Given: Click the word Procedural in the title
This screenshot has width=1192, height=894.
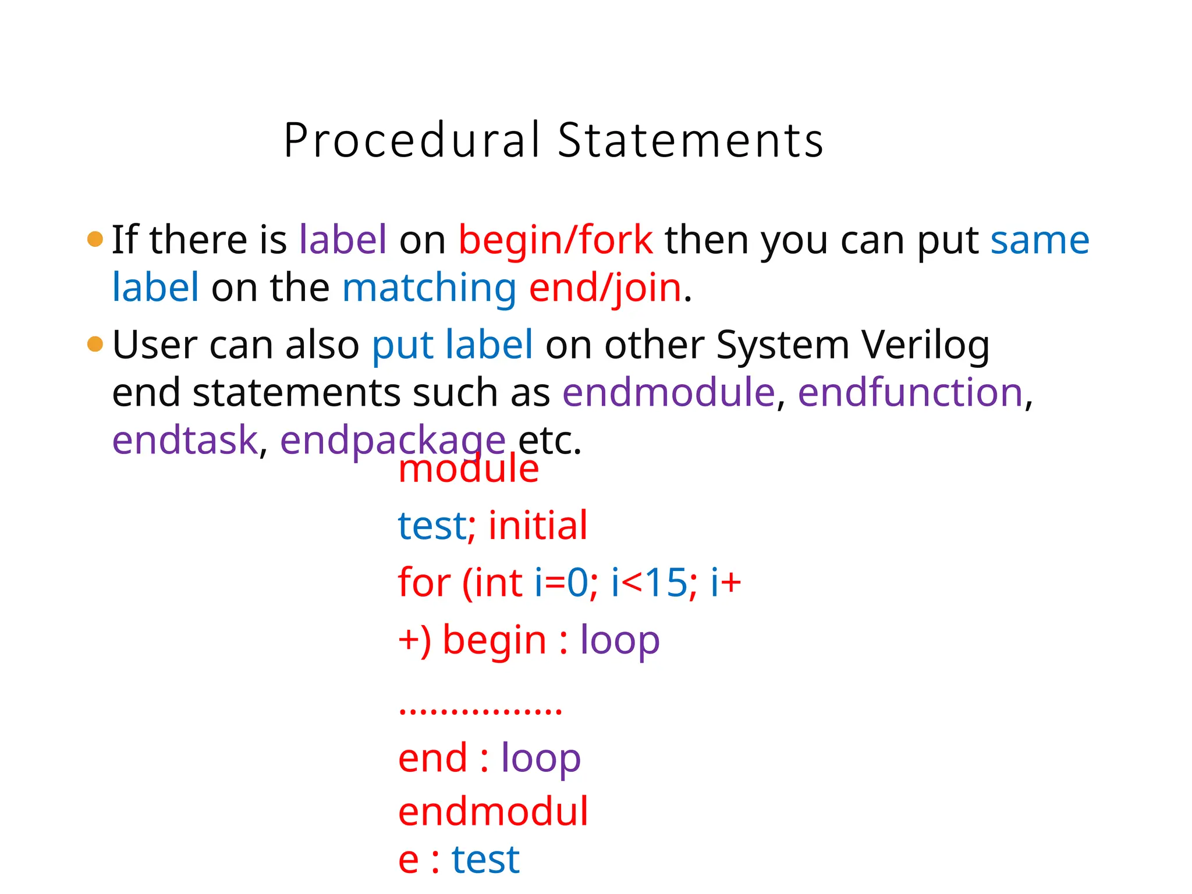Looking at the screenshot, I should pyautogui.click(x=412, y=141).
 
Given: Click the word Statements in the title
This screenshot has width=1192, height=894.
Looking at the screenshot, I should pyautogui.click(x=690, y=141).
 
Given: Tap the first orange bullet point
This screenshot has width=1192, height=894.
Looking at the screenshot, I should pyautogui.click(x=95, y=239).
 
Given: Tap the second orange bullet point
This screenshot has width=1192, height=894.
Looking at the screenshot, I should pyautogui.click(x=95, y=344).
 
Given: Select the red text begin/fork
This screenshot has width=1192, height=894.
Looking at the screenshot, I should pyautogui.click(x=555, y=240).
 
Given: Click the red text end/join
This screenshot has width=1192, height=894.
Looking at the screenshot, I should pyautogui.click(x=605, y=288).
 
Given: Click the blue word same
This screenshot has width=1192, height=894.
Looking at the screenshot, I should pyautogui.click(x=1040, y=240).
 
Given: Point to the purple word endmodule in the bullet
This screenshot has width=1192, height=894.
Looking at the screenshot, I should pyautogui.click(x=668, y=393).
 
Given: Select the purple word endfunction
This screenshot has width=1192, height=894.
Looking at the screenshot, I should pyautogui.click(x=910, y=393).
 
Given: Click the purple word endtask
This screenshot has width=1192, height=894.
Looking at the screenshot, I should pyautogui.click(x=185, y=441).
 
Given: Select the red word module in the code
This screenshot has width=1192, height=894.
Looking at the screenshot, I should pyautogui.click(x=469, y=469).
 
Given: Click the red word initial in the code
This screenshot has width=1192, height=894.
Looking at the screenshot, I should pyautogui.click(x=538, y=526).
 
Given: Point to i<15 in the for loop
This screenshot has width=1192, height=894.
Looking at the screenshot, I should pyautogui.click(x=648, y=583).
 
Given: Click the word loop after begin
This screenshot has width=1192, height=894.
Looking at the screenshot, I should pyautogui.click(x=620, y=641).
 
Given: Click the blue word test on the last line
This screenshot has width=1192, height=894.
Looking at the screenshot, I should pyautogui.click(x=485, y=860).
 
